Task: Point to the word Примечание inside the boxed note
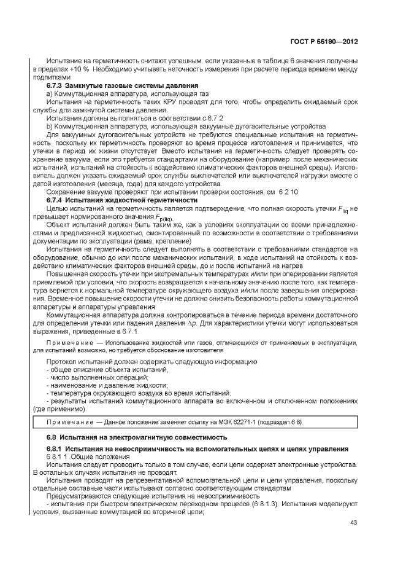click(67, 423)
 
